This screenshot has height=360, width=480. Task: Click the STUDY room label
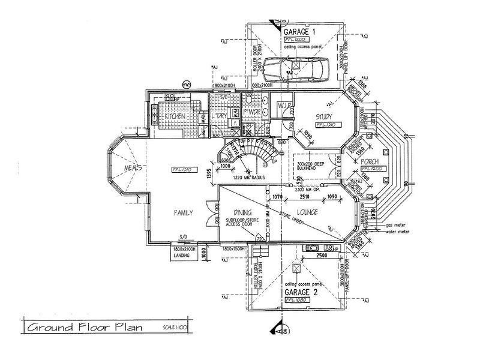click(x=324, y=116)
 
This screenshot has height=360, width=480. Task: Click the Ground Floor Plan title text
click(x=82, y=328)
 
